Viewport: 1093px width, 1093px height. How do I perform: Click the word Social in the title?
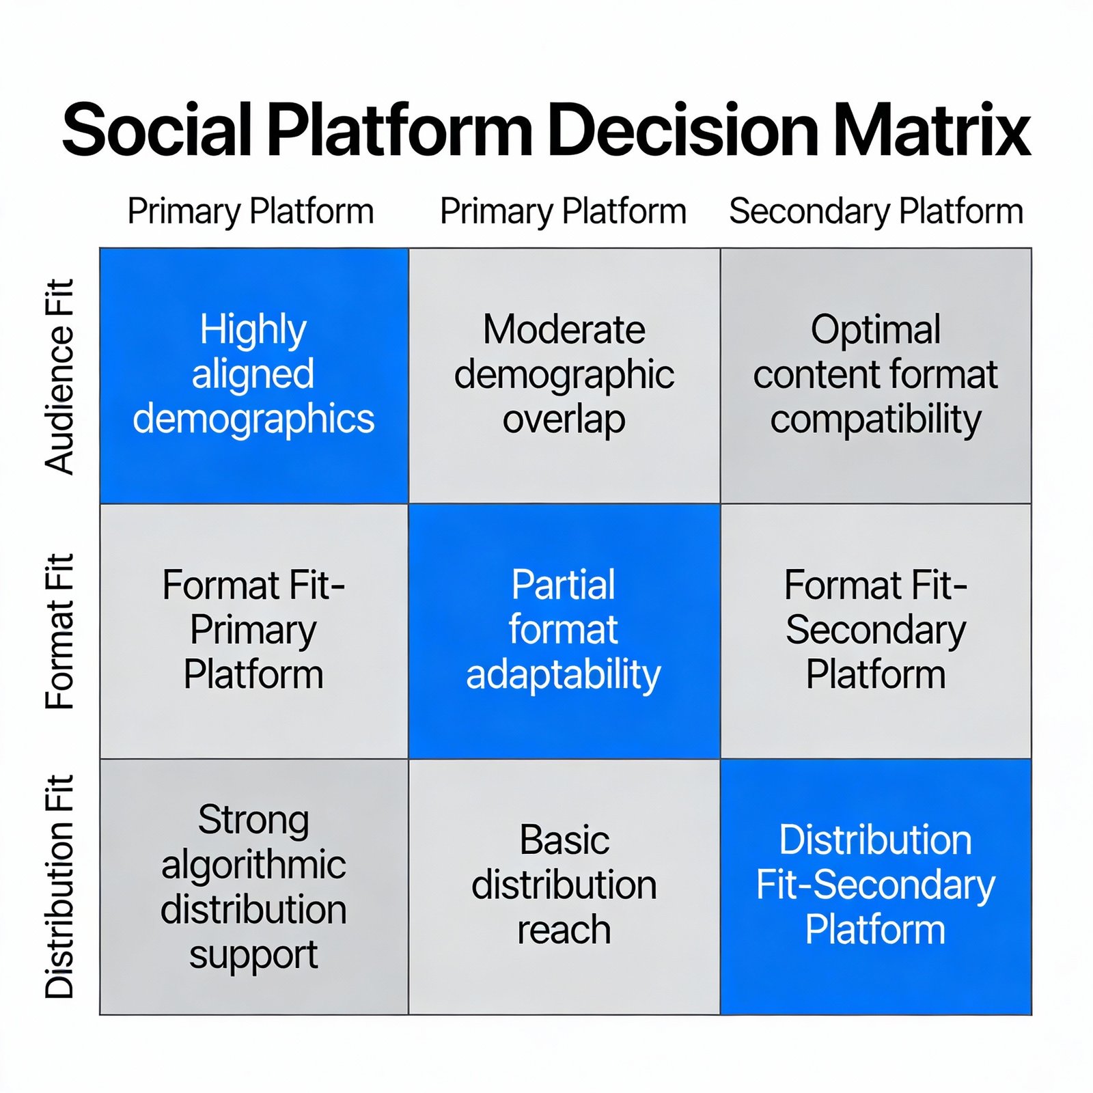tap(157, 130)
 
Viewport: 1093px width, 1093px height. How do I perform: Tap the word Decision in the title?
tap(682, 130)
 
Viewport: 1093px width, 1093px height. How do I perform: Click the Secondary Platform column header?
tap(876, 211)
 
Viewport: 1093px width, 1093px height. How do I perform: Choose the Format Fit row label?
tap(59, 631)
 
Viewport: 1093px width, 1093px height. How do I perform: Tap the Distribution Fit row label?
tap(59, 887)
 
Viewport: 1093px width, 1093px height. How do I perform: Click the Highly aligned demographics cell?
tap(254, 376)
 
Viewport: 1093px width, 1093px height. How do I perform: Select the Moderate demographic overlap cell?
tap(564, 376)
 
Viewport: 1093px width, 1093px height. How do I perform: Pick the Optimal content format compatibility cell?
tap(876, 376)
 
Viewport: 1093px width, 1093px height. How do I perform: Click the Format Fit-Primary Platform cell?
tap(254, 631)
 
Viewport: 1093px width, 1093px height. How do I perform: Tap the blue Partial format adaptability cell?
tap(564, 631)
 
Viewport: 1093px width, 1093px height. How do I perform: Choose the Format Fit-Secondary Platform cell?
tap(876, 631)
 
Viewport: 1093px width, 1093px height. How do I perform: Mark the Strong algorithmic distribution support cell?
tap(254, 887)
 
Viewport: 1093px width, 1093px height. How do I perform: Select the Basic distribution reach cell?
tap(564, 887)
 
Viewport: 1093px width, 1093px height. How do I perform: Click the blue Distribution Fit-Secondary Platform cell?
tap(876, 887)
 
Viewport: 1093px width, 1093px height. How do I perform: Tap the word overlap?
tap(564, 419)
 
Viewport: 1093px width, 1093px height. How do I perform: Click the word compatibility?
tap(876, 419)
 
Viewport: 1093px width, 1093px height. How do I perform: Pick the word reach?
tap(564, 930)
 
